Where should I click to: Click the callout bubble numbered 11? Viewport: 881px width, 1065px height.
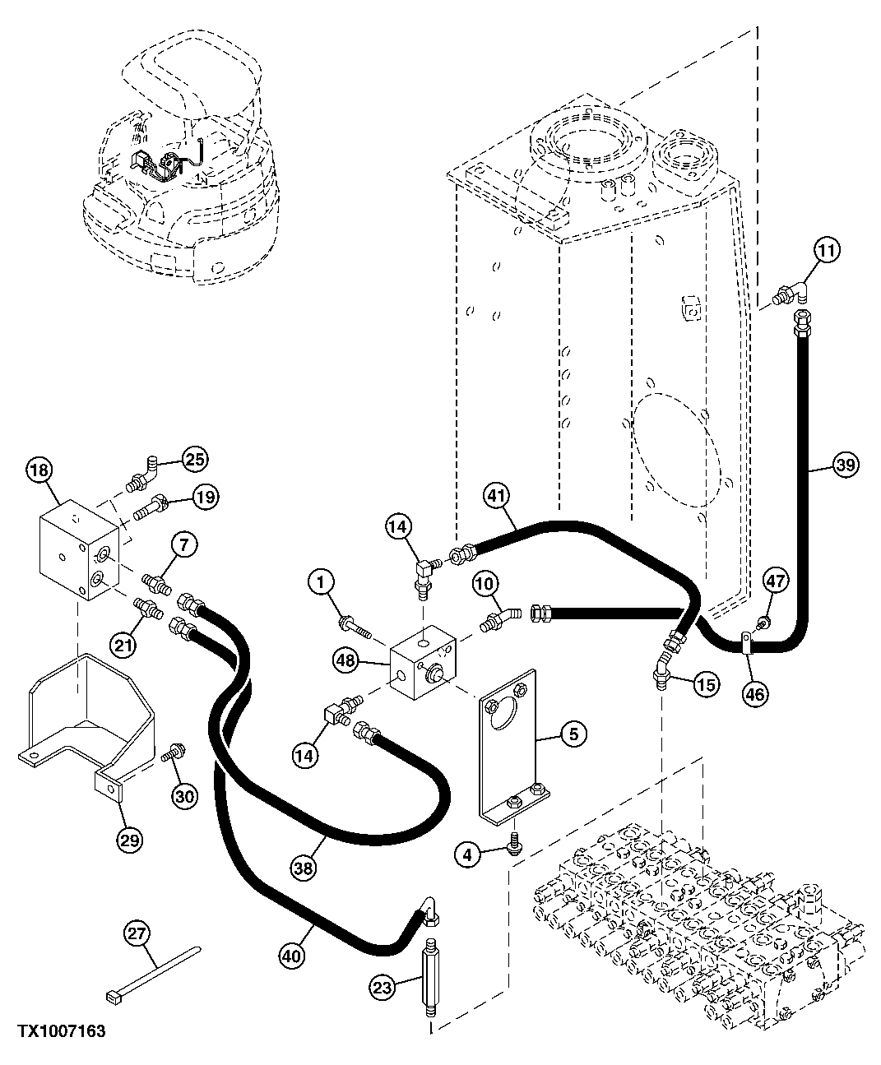click(x=828, y=252)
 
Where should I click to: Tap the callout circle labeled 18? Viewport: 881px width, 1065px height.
click(x=39, y=470)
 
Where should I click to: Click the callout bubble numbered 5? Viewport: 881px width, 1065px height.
click(x=573, y=734)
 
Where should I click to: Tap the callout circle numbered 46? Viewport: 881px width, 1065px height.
click(x=755, y=694)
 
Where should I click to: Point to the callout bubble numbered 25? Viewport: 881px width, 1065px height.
click(x=195, y=459)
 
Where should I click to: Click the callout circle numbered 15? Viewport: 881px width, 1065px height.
click(x=706, y=683)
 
